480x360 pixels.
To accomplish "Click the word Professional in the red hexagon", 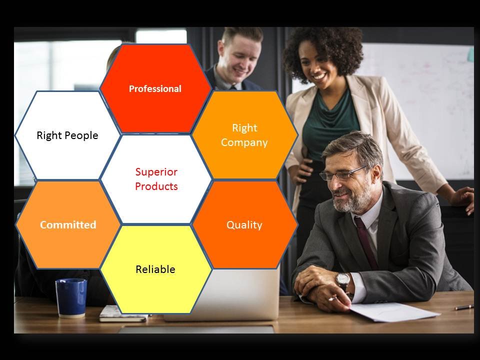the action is click(155, 89).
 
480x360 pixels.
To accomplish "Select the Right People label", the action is click(67, 135).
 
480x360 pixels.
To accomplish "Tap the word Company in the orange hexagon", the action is click(244, 142).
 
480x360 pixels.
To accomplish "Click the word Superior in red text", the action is click(156, 172).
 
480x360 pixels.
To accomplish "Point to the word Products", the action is click(156, 186).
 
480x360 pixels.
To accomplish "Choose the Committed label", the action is click(68, 224).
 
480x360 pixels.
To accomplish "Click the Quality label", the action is click(244, 225).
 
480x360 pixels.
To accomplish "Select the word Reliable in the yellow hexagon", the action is click(155, 269).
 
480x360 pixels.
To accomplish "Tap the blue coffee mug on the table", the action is click(71, 298).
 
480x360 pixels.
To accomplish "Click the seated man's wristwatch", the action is click(342, 280).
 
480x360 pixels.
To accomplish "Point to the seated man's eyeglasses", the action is click(343, 173).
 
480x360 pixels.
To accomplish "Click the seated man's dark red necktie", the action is click(366, 242).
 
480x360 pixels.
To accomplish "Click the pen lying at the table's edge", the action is click(464, 307).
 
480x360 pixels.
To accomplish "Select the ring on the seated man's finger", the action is click(331, 298).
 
